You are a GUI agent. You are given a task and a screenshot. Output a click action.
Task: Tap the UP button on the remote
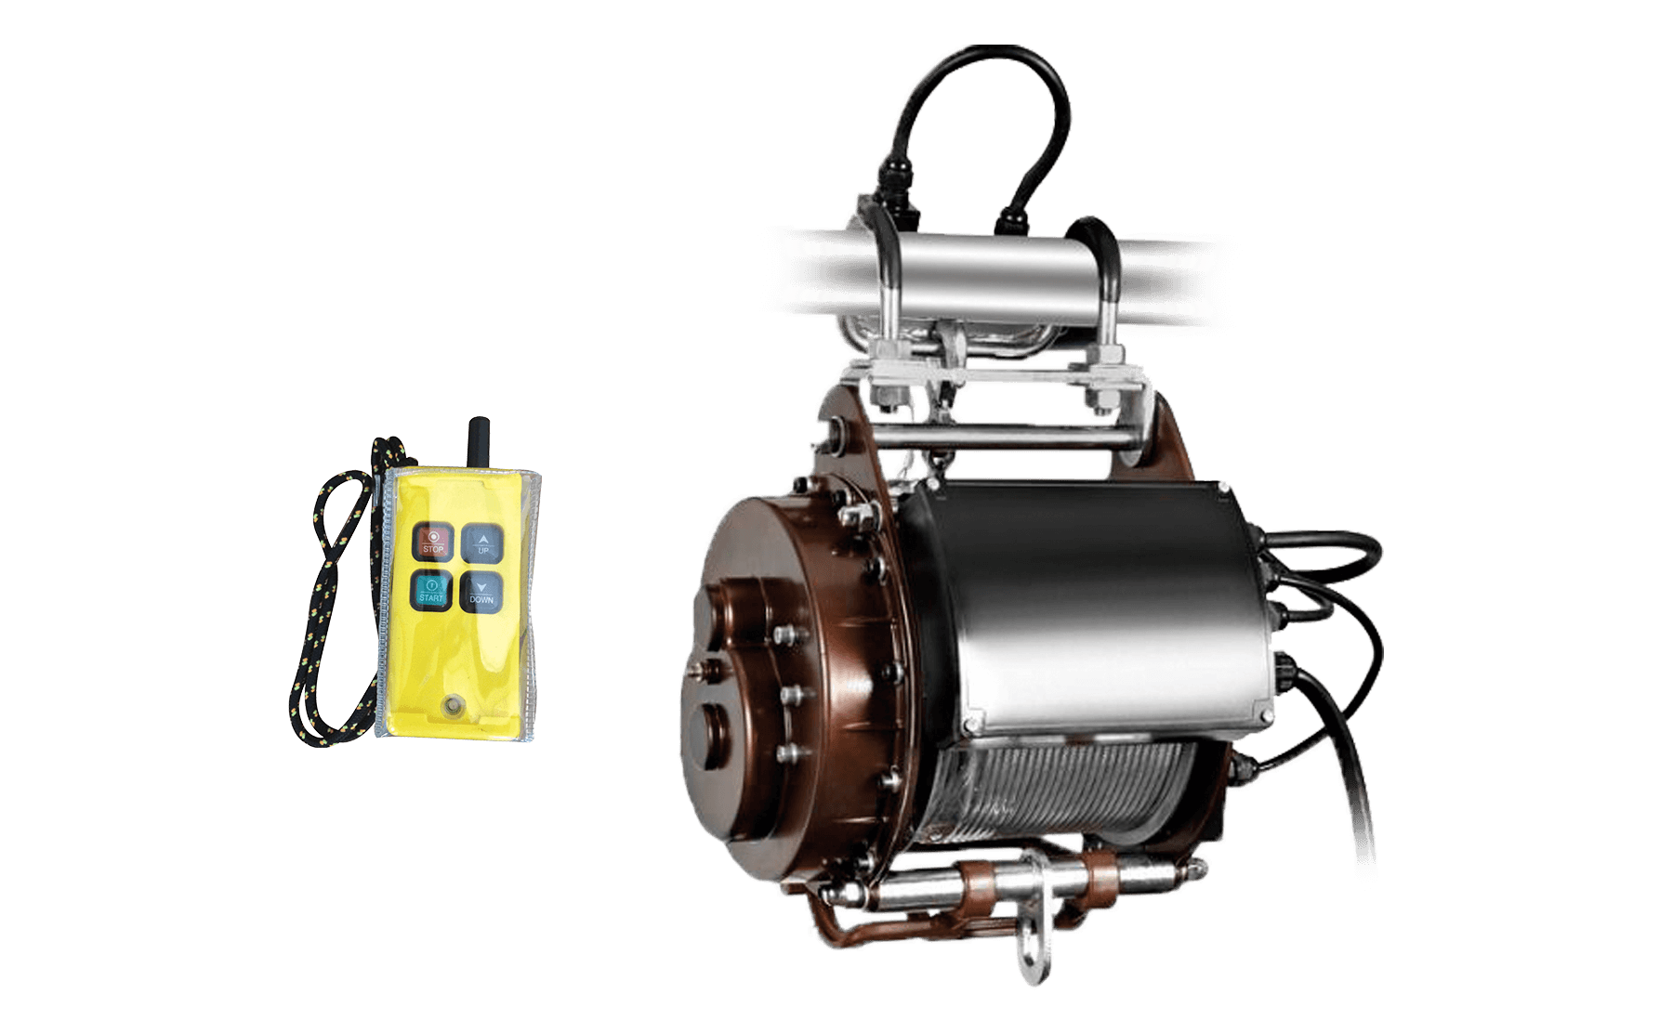(x=481, y=541)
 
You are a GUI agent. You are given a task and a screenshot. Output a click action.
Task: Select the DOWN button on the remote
(x=481, y=591)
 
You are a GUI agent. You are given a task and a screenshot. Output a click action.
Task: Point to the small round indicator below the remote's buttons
(x=454, y=703)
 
